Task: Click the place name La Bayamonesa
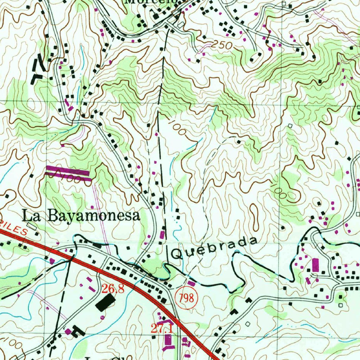coord(81,216)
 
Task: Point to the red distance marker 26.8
coord(113,289)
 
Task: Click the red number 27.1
coord(162,329)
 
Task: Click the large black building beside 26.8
coord(105,302)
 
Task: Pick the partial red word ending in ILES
coord(16,229)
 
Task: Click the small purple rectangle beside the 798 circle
coord(191,283)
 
